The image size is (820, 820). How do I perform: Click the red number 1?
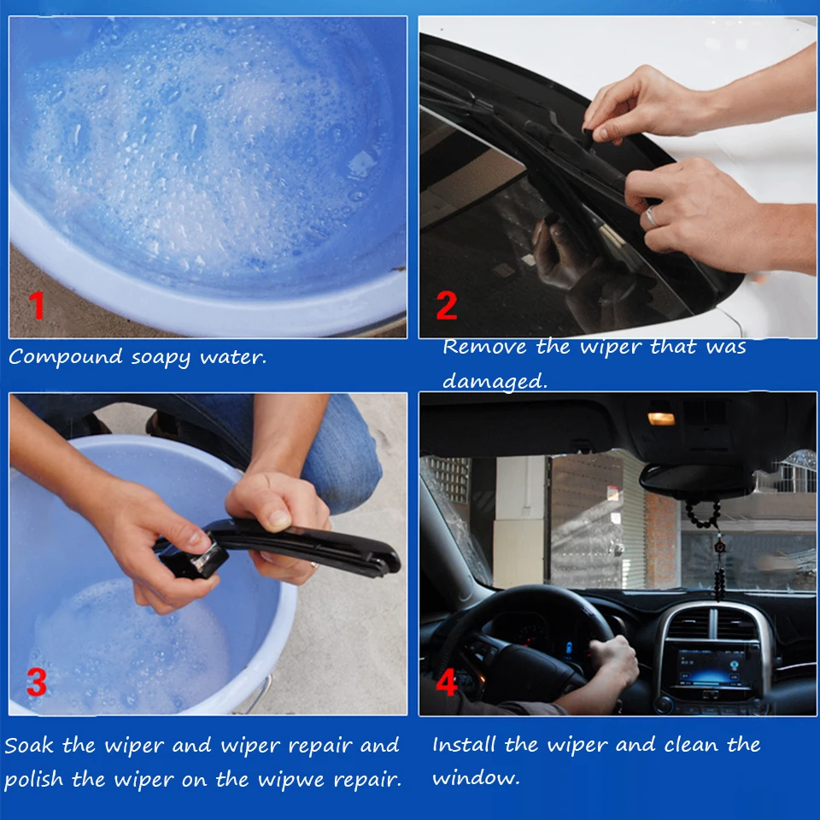point(37,306)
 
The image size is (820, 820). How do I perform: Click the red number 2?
point(447,306)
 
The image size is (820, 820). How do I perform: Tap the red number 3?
point(37,682)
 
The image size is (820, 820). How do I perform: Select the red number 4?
point(447,682)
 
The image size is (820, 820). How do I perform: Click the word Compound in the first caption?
point(66,357)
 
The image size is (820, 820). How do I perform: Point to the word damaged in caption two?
point(495,382)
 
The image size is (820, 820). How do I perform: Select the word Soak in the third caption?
point(29,745)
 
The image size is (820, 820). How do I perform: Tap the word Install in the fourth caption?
point(464,744)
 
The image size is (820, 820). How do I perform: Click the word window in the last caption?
point(476,778)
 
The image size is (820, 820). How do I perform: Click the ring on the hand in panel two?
point(651,216)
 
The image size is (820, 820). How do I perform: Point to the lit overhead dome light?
point(661,419)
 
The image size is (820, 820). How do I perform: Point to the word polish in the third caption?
point(34,780)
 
